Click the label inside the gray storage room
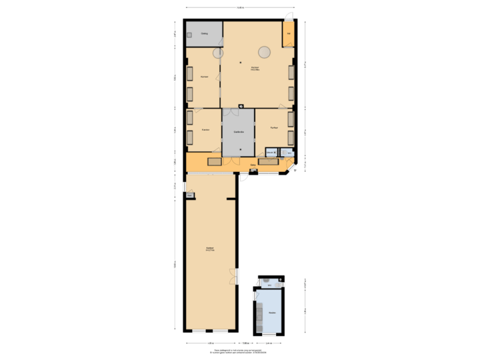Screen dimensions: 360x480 pos(204,33)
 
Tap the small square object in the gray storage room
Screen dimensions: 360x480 pos(189,35)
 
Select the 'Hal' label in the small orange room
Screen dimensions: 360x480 pos(289,33)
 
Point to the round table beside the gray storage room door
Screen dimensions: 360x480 pos(219,53)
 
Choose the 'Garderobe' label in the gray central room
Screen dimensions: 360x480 pos(238,132)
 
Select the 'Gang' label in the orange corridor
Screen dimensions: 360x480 pos(253,164)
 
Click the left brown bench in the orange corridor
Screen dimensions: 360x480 pos(214,161)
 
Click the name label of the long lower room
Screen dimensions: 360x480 pos(209,250)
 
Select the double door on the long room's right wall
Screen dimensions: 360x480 pos(234,276)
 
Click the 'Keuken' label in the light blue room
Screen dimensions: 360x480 pos(271,312)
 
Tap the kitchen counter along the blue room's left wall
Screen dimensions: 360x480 pos(258,311)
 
